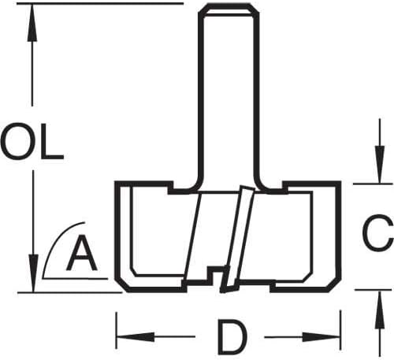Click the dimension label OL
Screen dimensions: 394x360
[32, 142]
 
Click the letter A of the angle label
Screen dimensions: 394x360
[82, 253]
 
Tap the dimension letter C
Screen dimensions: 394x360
[377, 233]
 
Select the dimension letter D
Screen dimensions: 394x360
[232, 337]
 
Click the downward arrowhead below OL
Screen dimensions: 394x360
[33, 273]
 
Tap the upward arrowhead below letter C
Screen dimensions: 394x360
[379, 310]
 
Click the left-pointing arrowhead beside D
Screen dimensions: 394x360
[136, 336]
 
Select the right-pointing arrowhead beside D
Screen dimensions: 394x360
[322, 337]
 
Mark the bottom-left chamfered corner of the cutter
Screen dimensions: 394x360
[121, 284]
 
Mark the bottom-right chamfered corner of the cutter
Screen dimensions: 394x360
[334, 284]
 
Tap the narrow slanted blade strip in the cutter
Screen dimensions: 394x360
[238, 239]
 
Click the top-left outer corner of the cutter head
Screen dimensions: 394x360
[117, 183]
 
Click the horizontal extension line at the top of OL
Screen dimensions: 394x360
[100, 3]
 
